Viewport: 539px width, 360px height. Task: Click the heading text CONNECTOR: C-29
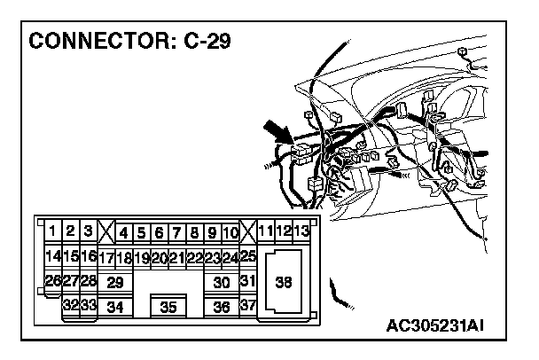(131, 42)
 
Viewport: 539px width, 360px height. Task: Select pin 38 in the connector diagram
(283, 283)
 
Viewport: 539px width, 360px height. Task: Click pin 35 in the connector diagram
(168, 307)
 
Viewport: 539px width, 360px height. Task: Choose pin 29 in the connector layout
(113, 283)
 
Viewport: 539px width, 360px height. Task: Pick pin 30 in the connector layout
(222, 283)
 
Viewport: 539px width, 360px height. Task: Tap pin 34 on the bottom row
(113, 307)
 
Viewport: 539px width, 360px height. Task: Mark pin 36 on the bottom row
(222, 307)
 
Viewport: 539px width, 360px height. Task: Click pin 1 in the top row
(53, 232)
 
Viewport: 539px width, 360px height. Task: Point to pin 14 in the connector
(53, 257)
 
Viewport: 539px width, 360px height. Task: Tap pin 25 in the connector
(248, 257)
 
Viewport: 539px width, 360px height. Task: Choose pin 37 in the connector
(248, 306)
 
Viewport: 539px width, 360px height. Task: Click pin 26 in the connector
(53, 281)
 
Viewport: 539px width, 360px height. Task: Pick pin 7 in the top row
(177, 234)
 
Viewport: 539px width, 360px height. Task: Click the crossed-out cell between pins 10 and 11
(248, 234)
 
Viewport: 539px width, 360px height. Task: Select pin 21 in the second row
(177, 258)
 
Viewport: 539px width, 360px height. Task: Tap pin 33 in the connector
(89, 305)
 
